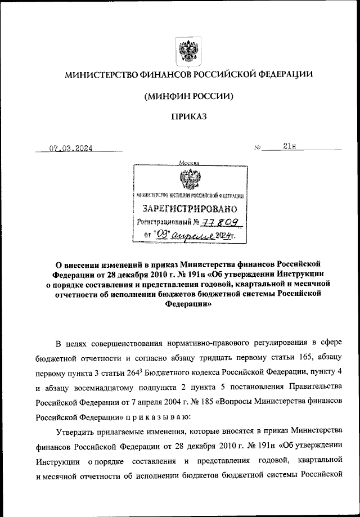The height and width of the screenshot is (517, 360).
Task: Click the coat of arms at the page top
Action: click(x=186, y=51)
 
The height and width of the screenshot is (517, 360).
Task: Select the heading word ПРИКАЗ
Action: click(x=188, y=116)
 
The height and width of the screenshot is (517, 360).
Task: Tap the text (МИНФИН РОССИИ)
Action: click(x=188, y=96)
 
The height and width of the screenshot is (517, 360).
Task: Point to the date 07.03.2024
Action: click(x=71, y=149)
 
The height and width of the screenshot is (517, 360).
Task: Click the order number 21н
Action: click(x=290, y=147)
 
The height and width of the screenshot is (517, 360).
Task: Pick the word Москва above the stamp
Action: click(x=188, y=163)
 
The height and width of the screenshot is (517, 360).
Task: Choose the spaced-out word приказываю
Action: click(x=159, y=417)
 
